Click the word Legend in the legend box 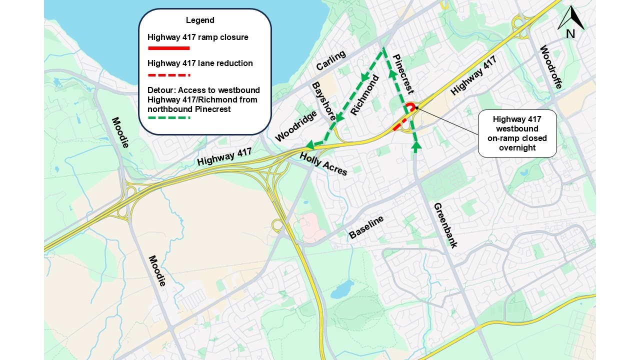pyautogui.click(x=200, y=20)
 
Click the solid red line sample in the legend pyautogui.click(x=169, y=48)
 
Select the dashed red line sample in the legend pyautogui.click(x=169, y=75)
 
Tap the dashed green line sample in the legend pyautogui.click(x=169, y=118)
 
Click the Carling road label pyautogui.click(x=331, y=61)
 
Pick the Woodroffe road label pyautogui.click(x=551, y=67)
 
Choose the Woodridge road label pyautogui.click(x=296, y=126)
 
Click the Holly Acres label pyautogui.click(x=323, y=164)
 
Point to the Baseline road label pyautogui.click(x=366, y=227)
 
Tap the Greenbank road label pyautogui.click(x=445, y=225)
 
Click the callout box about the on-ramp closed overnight pyautogui.click(x=517, y=133)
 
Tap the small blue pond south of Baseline pyautogui.click(x=342, y=288)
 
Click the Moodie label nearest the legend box pyautogui.click(x=120, y=132)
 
